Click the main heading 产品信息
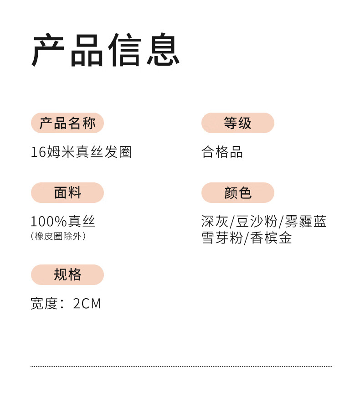106,50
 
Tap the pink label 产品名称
67,123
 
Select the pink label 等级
237,123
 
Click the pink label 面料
67,193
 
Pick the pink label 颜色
237,193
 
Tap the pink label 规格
67,275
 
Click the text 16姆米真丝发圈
81,152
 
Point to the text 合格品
222,152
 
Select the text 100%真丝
63,222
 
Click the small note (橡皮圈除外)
58,236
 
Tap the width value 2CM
87,304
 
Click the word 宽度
44,304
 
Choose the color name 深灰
215,222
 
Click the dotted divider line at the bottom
181,366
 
